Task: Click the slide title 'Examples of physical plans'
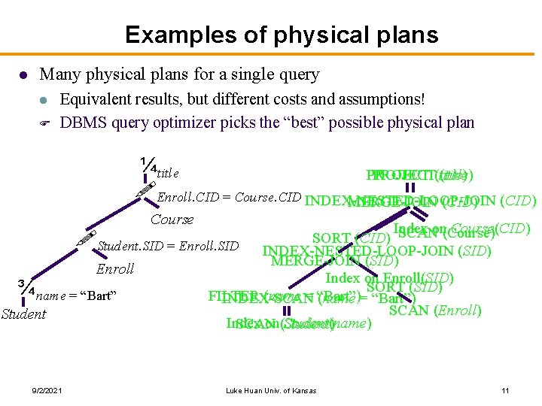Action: (270, 35)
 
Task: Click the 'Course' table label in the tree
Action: (172, 220)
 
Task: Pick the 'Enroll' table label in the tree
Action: (115, 268)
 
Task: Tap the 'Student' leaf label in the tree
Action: (23, 314)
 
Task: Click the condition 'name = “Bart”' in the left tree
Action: (75, 295)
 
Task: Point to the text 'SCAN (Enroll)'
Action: (435, 309)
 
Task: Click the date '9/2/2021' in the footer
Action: (47, 389)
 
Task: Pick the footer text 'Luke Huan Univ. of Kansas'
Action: (271, 389)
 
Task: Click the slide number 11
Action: (505, 389)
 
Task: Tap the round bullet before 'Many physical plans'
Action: (23, 75)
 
